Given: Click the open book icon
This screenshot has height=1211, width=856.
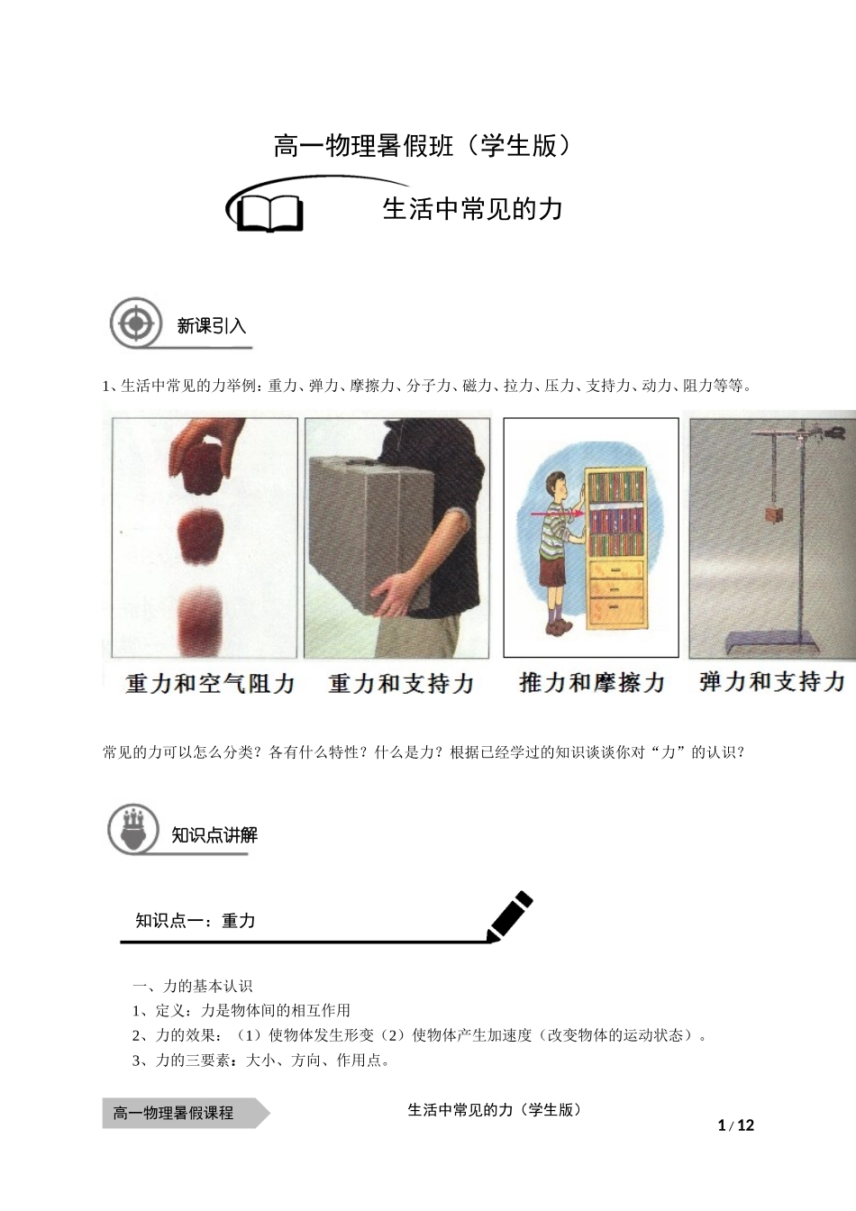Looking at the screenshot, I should click(x=269, y=213).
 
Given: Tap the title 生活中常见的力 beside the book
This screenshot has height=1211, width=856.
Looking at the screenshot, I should click(x=472, y=209).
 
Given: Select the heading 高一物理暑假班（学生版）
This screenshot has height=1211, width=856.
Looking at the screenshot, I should click(x=423, y=146).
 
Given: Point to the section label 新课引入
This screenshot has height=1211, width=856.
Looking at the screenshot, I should click(x=212, y=326).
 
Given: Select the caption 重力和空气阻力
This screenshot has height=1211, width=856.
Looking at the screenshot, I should click(x=210, y=684).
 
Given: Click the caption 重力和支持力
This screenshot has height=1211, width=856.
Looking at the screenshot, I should click(x=401, y=684).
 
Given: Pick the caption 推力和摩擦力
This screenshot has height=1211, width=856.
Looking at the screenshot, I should click(x=591, y=683).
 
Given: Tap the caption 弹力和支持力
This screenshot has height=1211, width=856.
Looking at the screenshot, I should click(x=772, y=682).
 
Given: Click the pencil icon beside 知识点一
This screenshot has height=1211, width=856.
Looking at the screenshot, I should click(x=509, y=916).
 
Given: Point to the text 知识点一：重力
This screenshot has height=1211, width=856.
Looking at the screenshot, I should click(x=196, y=921).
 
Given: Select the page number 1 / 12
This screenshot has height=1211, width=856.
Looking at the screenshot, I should click(x=735, y=1125).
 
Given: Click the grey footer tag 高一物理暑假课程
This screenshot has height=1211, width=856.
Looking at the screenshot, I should click(x=174, y=1114).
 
